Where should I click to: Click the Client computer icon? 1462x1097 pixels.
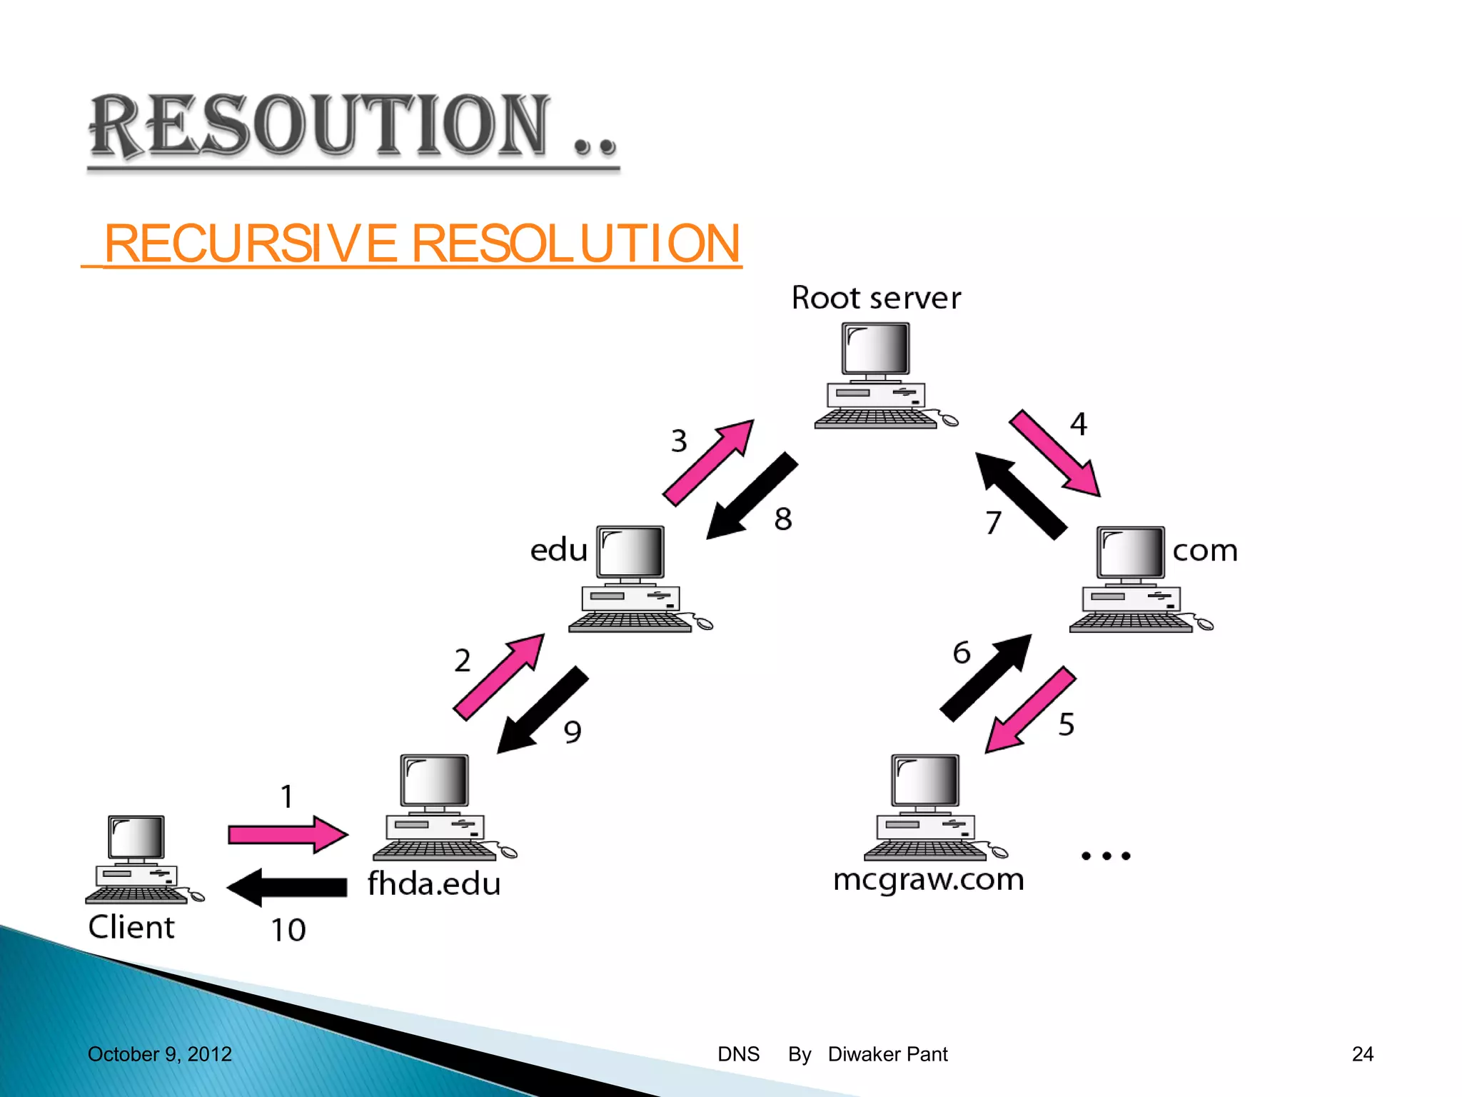coord(138,860)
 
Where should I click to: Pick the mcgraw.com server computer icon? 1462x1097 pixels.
coord(928,807)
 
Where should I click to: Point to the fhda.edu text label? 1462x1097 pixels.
coord(434,884)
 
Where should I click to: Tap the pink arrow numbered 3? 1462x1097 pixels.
coord(708,463)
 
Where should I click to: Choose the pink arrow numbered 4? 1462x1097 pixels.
coord(1054,453)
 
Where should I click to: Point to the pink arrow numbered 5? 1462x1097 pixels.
coord(1029,710)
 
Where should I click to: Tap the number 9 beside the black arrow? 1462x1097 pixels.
coord(573,732)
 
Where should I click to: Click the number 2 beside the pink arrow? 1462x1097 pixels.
coord(463,661)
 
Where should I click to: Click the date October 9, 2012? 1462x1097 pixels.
coord(160,1054)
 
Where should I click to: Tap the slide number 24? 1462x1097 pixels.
coord(1362,1054)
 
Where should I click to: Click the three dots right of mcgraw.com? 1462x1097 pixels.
coord(1106,856)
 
